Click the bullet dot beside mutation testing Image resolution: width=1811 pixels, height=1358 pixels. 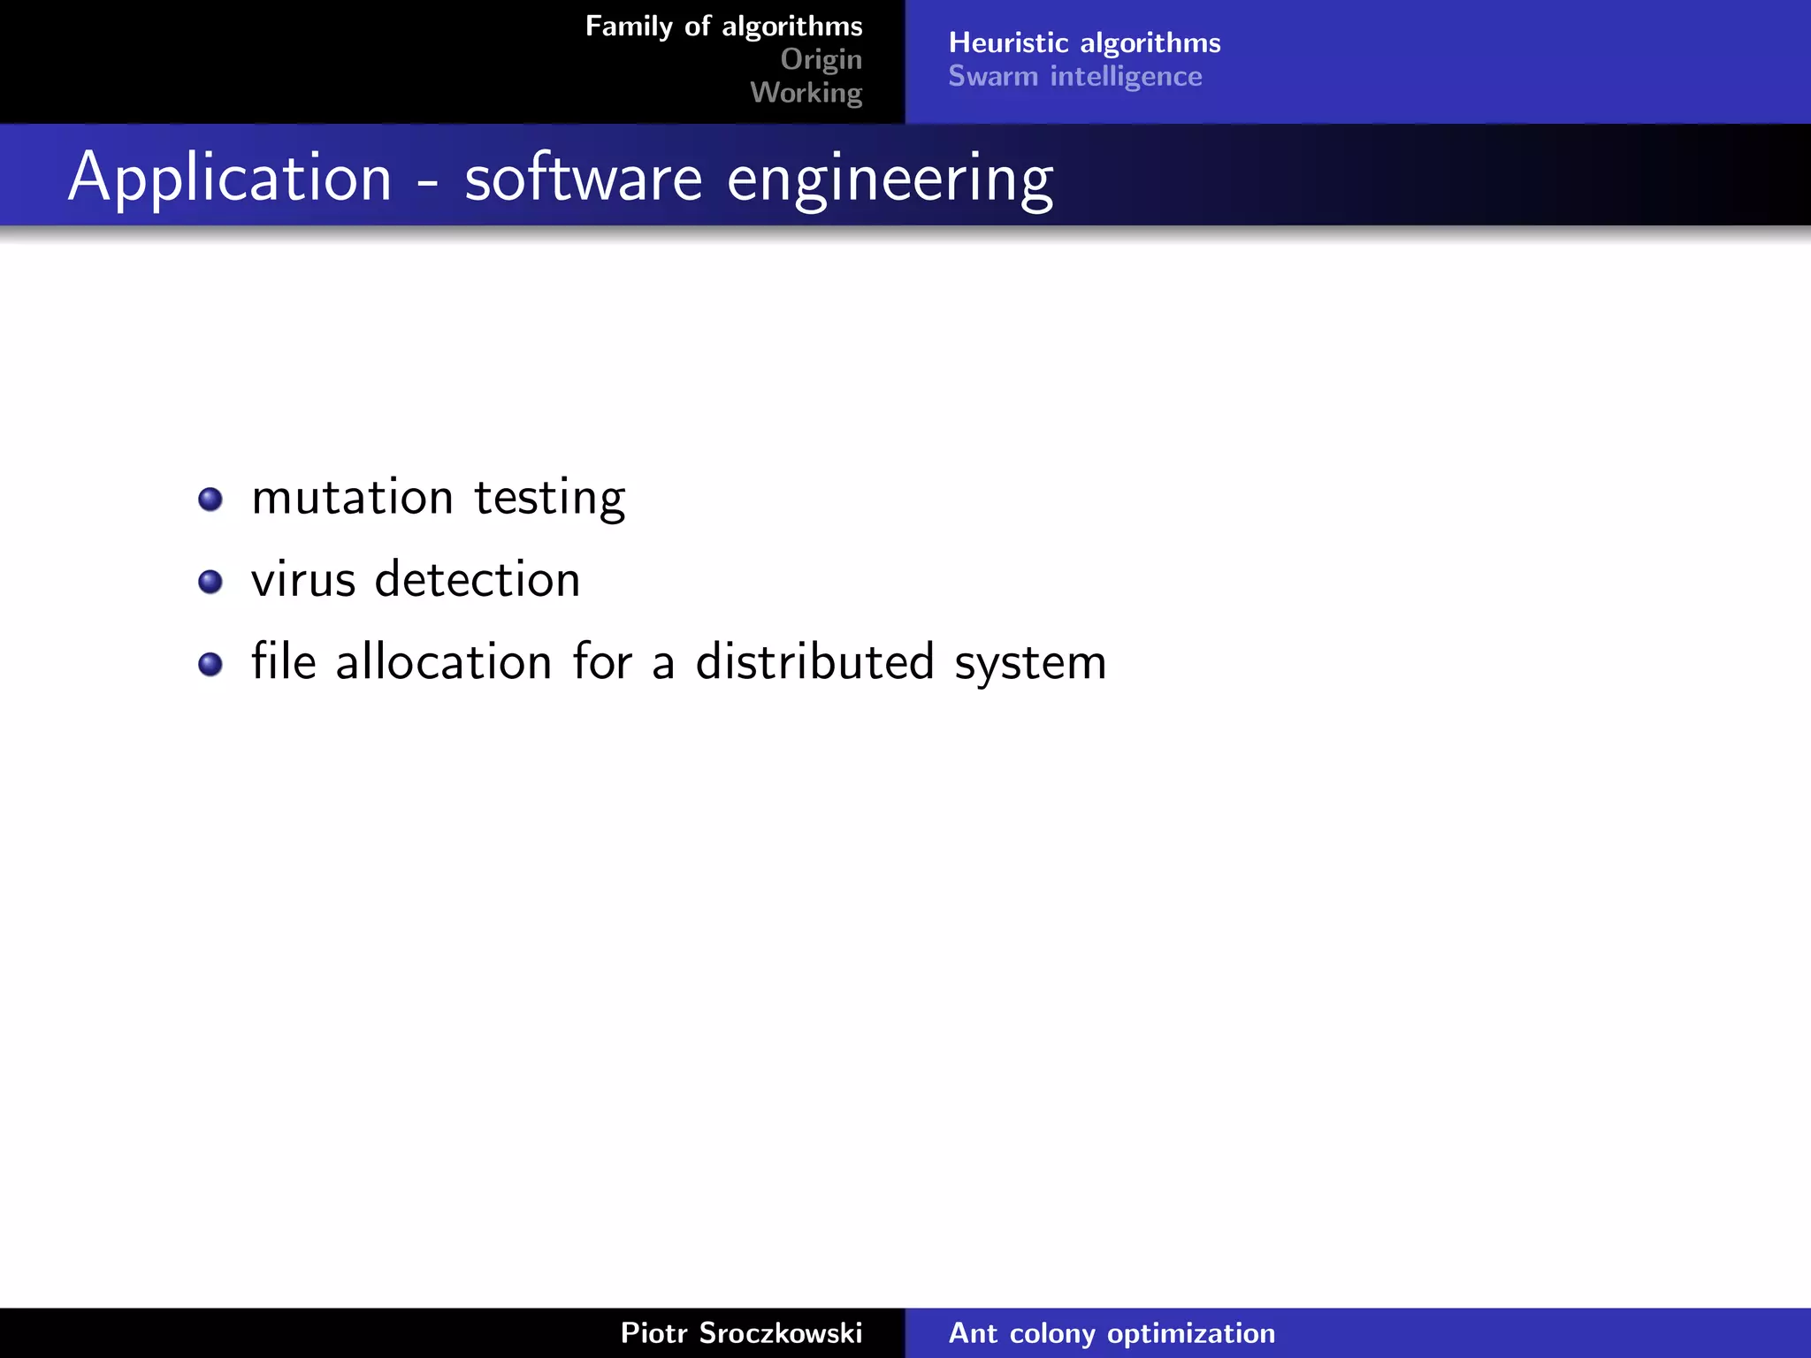pyautogui.click(x=210, y=500)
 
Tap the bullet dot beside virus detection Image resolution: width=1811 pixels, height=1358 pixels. pyautogui.click(x=210, y=582)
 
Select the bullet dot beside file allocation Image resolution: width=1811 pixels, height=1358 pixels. pyautogui.click(x=210, y=664)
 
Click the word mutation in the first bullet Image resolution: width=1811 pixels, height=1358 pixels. pyautogui.click(x=352, y=497)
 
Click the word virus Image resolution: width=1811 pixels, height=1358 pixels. pyautogui.click(x=303, y=580)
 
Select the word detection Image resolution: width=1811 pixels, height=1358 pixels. pyautogui.click(x=478, y=580)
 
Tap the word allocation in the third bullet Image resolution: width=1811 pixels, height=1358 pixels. pyautogui.click(x=444, y=662)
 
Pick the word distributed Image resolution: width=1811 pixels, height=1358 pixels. pyautogui.click(x=814, y=662)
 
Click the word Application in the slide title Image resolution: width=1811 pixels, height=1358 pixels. pyautogui.click(x=230, y=178)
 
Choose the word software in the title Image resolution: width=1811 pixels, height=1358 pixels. pyautogui.click(x=583, y=178)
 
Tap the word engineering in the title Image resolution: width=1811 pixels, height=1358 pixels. pyautogui.click(x=890, y=179)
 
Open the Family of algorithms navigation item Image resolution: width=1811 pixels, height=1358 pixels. pyautogui.click(x=723, y=27)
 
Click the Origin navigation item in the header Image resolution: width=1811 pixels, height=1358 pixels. pyautogui.click(x=821, y=59)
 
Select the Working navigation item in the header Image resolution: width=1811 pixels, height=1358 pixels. pyautogui.click(x=806, y=93)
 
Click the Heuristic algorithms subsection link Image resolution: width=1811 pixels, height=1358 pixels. pyautogui.click(x=1084, y=42)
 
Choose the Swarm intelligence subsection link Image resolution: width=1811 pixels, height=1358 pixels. pyautogui.click(x=1075, y=77)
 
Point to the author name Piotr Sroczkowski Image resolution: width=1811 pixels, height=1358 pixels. pyautogui.click(x=741, y=1332)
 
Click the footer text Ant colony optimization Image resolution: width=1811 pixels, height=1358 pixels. pyautogui.click(x=1112, y=1332)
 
